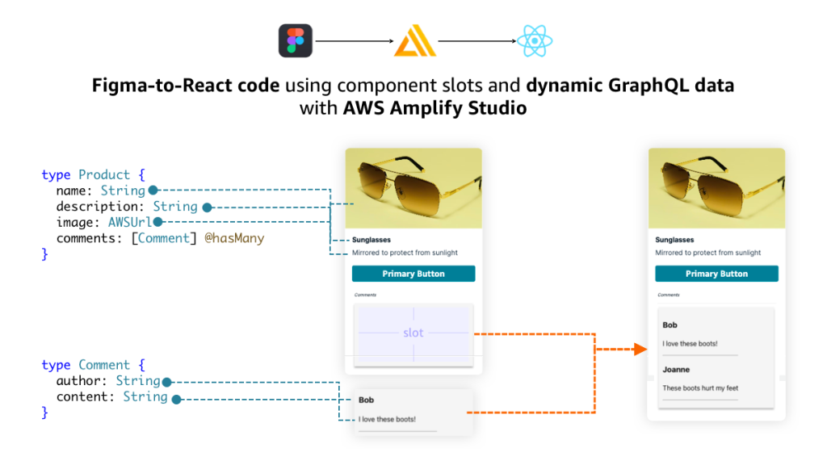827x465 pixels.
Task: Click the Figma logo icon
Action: tap(296, 40)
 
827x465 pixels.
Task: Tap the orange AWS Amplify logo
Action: tap(415, 41)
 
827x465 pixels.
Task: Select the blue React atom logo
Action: tap(535, 40)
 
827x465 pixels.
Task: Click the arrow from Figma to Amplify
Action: tap(355, 40)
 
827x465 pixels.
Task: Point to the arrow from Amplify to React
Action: tap(476, 40)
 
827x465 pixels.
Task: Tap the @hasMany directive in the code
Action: tap(234, 238)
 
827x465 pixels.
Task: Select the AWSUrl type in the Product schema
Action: tap(130, 222)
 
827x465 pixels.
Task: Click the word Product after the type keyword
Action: tap(104, 174)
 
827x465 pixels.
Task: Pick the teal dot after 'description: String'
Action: tap(207, 207)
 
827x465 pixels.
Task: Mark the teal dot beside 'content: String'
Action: tap(176, 398)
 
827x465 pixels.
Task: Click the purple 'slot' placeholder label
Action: tap(413, 333)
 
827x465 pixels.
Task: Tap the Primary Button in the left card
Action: tap(413, 274)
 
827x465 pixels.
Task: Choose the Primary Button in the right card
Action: tap(716, 274)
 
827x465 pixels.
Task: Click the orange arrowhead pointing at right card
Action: tap(640, 349)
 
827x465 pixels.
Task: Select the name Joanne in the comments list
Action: tap(676, 370)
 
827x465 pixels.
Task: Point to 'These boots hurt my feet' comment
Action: tap(700, 388)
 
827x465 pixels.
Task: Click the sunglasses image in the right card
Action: tap(716, 188)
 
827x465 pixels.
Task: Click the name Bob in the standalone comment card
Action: tap(366, 400)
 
